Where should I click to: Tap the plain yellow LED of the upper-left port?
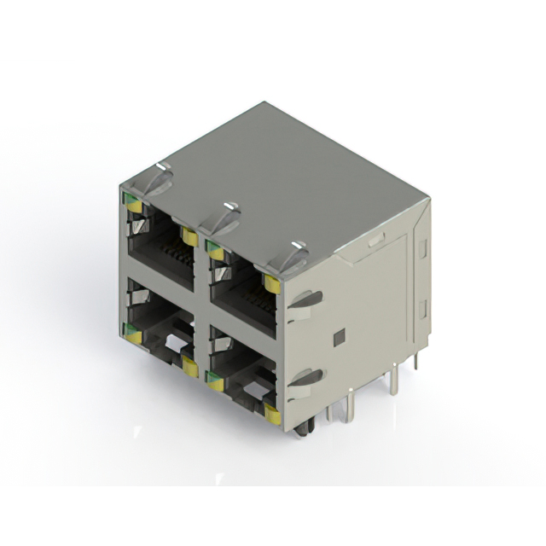point(189,238)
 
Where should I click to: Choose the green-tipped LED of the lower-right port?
point(215,381)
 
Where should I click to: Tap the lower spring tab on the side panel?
point(305,379)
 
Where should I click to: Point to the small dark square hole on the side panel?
point(338,337)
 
